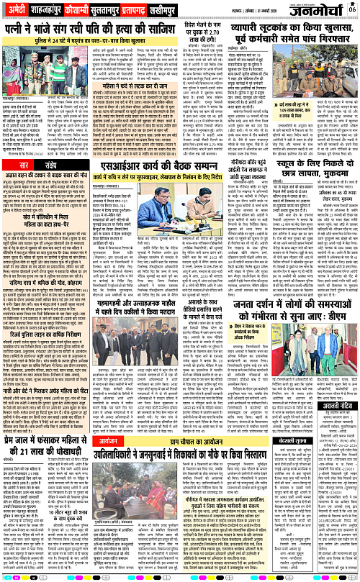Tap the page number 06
tap(351, 9)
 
